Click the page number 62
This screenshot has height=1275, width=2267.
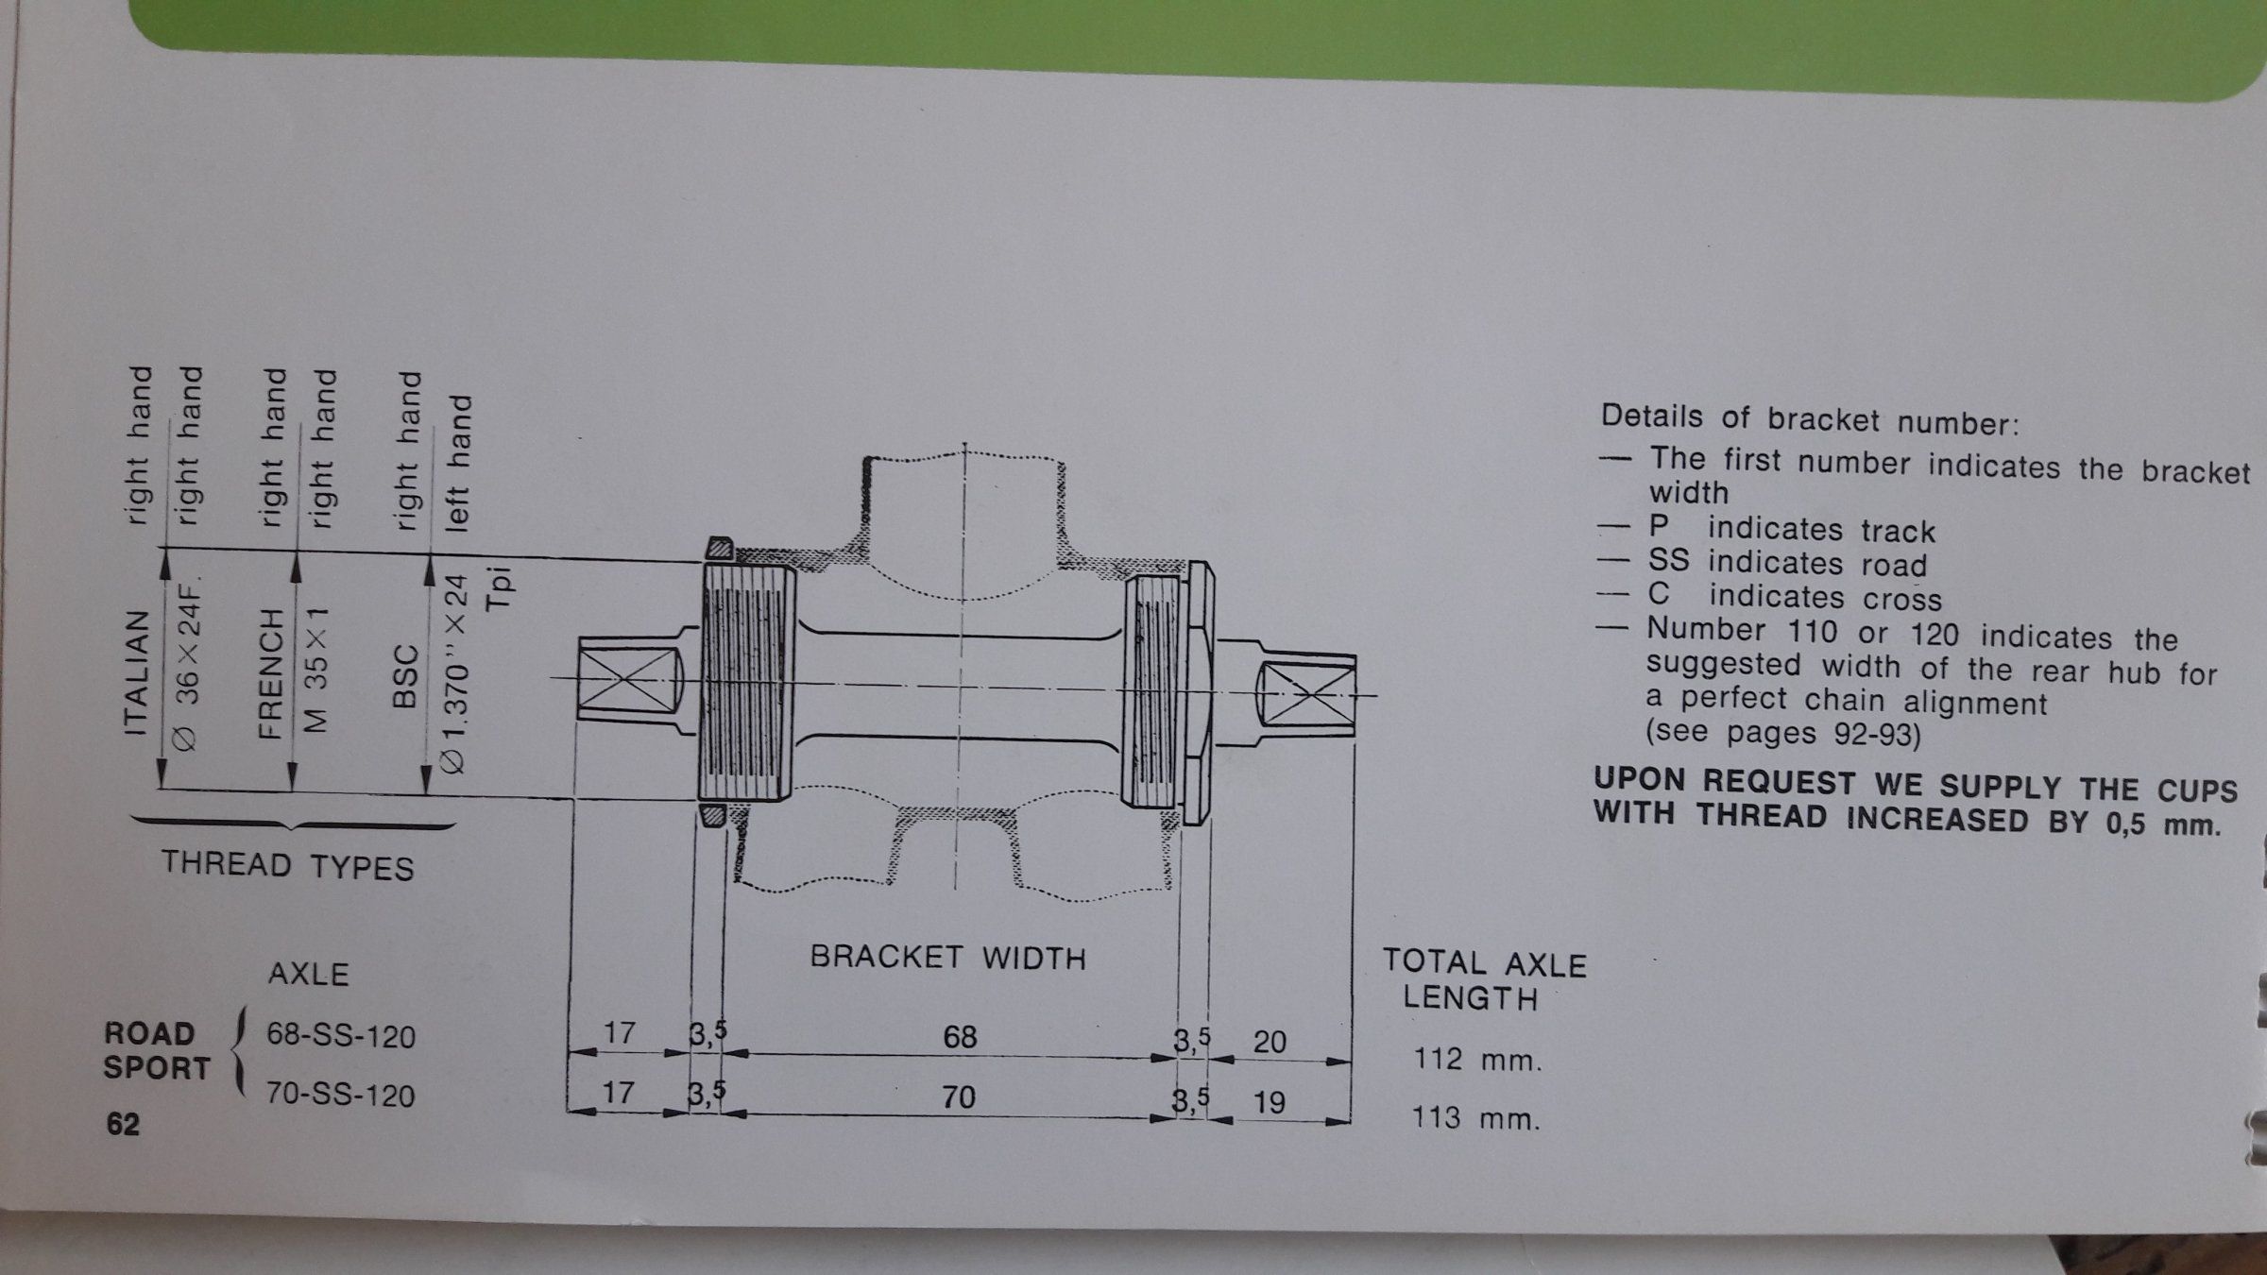(123, 1124)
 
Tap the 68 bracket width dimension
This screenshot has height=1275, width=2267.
(960, 1037)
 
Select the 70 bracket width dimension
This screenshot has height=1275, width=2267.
(958, 1096)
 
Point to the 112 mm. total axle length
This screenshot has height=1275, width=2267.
(1477, 1060)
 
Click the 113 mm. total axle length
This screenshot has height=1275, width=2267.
(1475, 1119)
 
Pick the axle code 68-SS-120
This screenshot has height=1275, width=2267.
(340, 1037)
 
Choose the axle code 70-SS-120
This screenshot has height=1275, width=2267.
(340, 1096)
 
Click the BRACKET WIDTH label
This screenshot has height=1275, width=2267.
(947, 958)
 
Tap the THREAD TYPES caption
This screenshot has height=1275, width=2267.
(287, 865)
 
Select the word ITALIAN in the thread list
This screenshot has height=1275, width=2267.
(137, 672)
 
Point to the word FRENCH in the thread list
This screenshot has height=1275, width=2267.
(271, 672)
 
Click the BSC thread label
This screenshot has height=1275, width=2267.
(404, 676)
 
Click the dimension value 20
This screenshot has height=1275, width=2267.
(1270, 1042)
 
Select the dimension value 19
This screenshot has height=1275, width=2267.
(1269, 1101)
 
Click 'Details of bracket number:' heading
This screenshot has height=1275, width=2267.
(1810, 419)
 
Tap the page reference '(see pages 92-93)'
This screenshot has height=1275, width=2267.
(1783, 734)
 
